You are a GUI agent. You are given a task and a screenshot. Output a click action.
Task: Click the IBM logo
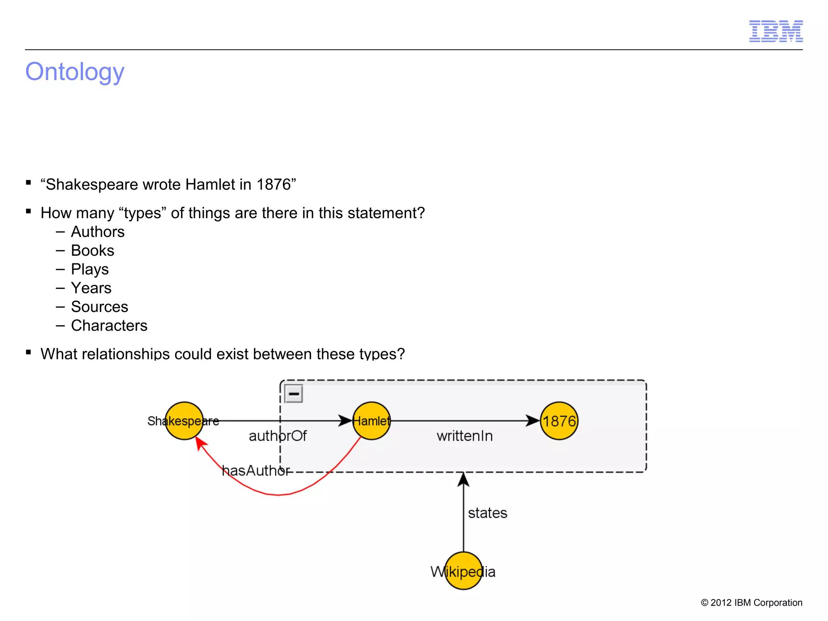pyautogui.click(x=775, y=31)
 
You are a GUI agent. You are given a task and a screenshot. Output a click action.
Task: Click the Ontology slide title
pyautogui.click(x=75, y=72)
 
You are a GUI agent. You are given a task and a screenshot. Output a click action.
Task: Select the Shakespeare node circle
pyautogui.click(x=184, y=421)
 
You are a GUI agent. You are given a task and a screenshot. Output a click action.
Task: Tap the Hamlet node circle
pyautogui.click(x=372, y=421)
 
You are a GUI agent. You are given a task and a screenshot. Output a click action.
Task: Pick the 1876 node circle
pyautogui.click(x=559, y=421)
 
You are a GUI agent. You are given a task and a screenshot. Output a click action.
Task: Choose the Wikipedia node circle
pyautogui.click(x=463, y=571)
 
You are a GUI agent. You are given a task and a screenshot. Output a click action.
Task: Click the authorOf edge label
pyautogui.click(x=277, y=436)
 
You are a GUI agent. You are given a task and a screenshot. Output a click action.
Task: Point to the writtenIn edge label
pyautogui.click(x=465, y=436)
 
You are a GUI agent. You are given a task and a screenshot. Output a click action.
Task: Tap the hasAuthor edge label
pyautogui.click(x=256, y=471)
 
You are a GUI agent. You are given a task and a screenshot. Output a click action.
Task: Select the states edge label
pyautogui.click(x=487, y=513)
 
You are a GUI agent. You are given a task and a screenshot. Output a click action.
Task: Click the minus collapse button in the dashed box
pyautogui.click(x=294, y=394)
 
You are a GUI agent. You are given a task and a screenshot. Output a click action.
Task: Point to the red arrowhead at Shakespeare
pyautogui.click(x=200, y=444)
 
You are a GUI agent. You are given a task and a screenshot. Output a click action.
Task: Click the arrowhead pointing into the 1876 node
pyautogui.click(x=533, y=421)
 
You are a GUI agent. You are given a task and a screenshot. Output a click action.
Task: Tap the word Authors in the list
pyautogui.click(x=98, y=232)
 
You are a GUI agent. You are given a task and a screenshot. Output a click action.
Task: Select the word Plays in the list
pyautogui.click(x=90, y=269)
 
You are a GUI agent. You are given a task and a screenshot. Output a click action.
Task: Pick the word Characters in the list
pyautogui.click(x=109, y=326)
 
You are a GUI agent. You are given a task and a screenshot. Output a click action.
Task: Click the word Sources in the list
pyautogui.click(x=99, y=307)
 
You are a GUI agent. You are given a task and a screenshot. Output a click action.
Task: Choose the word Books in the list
pyautogui.click(x=93, y=251)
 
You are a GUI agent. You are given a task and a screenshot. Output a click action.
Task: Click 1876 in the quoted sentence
pyautogui.click(x=274, y=184)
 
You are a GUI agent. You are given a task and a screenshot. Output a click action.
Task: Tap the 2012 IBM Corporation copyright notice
pyautogui.click(x=751, y=602)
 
